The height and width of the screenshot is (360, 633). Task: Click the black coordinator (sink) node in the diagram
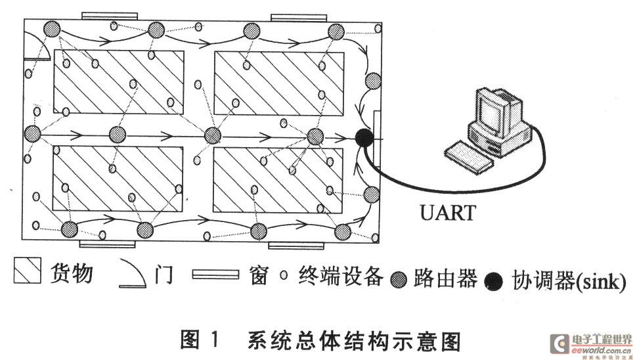(363, 137)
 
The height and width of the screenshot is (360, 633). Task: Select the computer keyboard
(471, 154)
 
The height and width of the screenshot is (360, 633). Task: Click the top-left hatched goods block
(118, 80)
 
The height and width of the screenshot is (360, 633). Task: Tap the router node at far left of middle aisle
(32, 133)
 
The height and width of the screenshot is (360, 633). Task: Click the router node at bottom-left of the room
(69, 229)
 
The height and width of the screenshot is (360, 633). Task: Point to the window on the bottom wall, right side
(297, 246)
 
